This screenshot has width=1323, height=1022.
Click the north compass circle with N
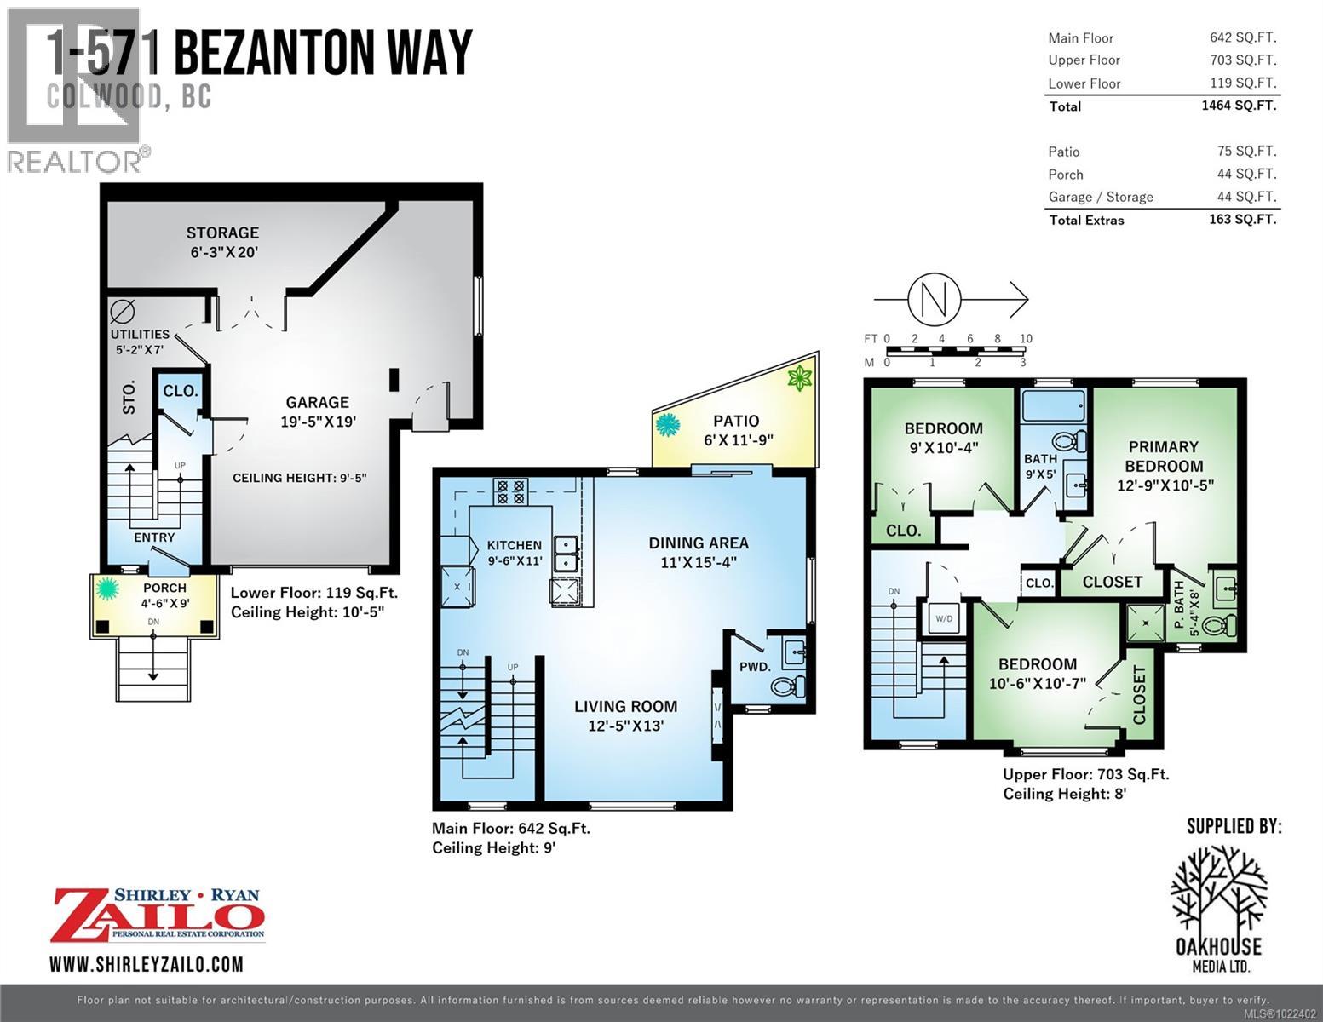[x=935, y=299]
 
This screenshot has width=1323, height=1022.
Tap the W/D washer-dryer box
[x=944, y=617]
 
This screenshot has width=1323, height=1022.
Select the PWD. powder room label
[x=754, y=666]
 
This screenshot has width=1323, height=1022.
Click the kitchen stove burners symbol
[x=510, y=491]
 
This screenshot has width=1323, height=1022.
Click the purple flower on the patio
[x=799, y=378]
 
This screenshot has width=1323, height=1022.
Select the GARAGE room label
[x=317, y=402]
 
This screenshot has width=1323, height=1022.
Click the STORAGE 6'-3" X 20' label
[x=222, y=242]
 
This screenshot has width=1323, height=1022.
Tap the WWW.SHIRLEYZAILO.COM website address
[x=147, y=964]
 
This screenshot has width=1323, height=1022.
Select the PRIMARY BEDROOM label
[x=1164, y=456]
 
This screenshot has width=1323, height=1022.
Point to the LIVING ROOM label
[x=625, y=706]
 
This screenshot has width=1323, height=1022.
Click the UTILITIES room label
[x=140, y=334]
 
